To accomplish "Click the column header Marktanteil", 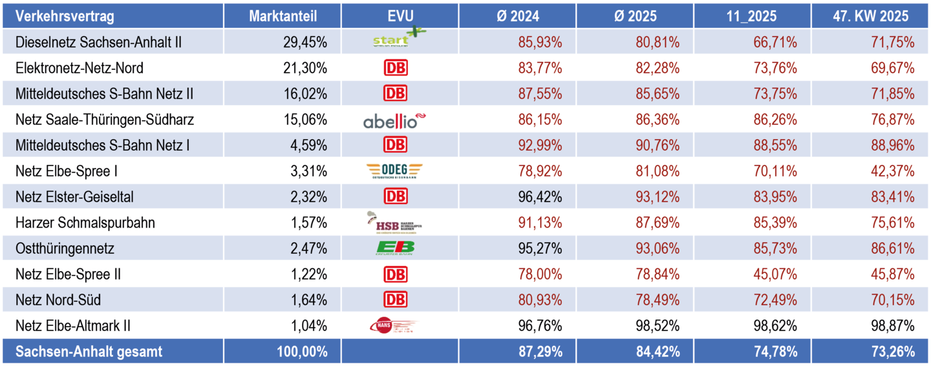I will click(x=283, y=16).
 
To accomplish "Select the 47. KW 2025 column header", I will click(x=870, y=16).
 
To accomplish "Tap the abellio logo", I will click(x=395, y=120).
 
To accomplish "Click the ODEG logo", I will click(x=395, y=171).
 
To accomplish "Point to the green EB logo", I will click(x=395, y=248).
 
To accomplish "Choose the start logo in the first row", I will click(x=395, y=41).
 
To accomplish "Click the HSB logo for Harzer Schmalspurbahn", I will click(x=395, y=223).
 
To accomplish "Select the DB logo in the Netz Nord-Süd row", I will click(x=395, y=300).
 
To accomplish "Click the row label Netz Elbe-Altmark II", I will click(x=78, y=326).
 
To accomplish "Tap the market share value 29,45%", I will click(x=305, y=43).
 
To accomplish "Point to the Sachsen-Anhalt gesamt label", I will click(x=89, y=352).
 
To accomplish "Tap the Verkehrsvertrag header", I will click(x=65, y=16).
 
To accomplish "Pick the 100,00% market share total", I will click(x=301, y=352).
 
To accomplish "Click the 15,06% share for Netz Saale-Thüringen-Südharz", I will click(x=305, y=120).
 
